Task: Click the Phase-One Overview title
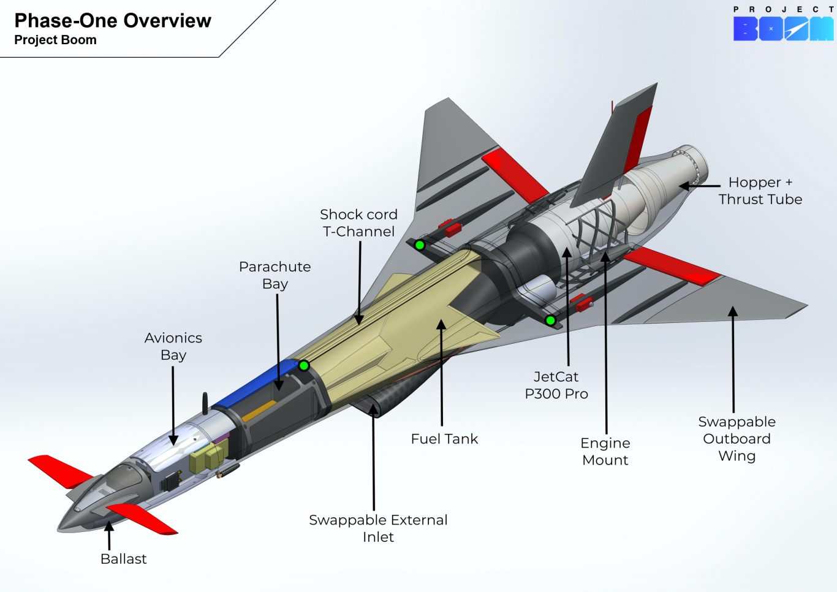(113, 21)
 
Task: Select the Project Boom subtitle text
(55, 40)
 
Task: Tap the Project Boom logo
(783, 28)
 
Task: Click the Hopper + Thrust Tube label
(760, 191)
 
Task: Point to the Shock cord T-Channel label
(358, 223)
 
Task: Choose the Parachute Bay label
(275, 275)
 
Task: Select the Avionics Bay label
(173, 346)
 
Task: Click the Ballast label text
(123, 559)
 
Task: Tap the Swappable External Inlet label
(378, 528)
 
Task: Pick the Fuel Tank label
(444, 439)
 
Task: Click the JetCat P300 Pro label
(556, 385)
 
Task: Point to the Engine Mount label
(605, 452)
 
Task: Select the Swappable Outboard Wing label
(737, 439)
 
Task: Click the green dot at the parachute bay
(304, 366)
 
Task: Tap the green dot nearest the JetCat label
(550, 320)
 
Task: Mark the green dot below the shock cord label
(420, 245)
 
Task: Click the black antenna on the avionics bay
(205, 403)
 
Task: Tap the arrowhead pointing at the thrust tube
(684, 186)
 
